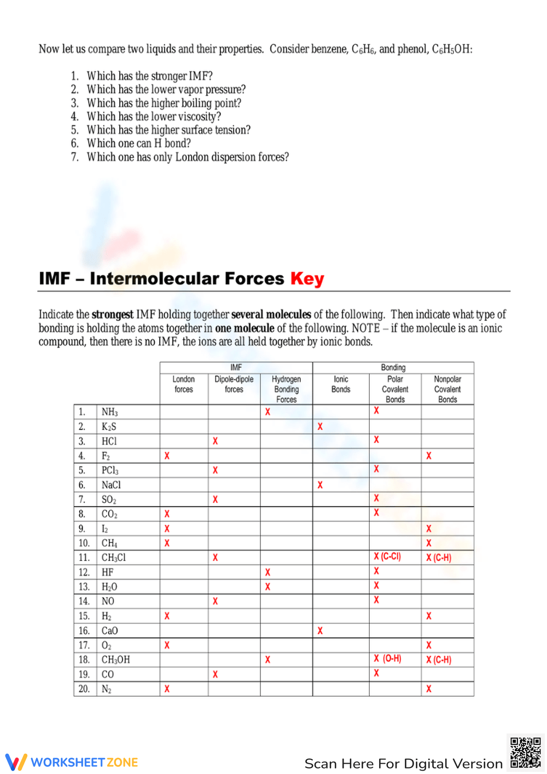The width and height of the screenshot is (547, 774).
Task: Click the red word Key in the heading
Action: pyautogui.click(x=307, y=279)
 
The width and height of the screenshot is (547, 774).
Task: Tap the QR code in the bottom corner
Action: pyautogui.click(x=526, y=753)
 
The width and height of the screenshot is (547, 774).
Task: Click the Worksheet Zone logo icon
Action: pyautogui.click(x=16, y=762)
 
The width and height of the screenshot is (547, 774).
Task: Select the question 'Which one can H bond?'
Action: pyautogui.click(x=138, y=143)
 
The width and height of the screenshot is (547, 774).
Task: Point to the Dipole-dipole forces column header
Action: pyautogui.click(x=234, y=384)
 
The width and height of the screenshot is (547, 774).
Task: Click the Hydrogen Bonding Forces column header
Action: pyautogui.click(x=286, y=389)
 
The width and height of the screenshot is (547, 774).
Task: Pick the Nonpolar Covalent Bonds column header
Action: pyautogui.click(x=447, y=389)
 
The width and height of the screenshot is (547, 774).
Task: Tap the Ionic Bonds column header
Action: pyautogui.click(x=341, y=384)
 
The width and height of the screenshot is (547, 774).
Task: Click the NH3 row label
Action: pyautogui.click(x=109, y=412)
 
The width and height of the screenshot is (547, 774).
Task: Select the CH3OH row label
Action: pyautogui.click(x=115, y=660)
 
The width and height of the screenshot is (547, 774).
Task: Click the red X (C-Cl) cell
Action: pyautogui.click(x=387, y=557)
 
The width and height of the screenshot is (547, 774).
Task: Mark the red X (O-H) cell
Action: pyautogui.click(x=387, y=659)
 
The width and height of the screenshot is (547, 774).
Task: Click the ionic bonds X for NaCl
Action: pyautogui.click(x=320, y=485)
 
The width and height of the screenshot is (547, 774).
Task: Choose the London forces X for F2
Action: pyautogui.click(x=167, y=456)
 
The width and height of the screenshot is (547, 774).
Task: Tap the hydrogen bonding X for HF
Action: pyautogui.click(x=267, y=572)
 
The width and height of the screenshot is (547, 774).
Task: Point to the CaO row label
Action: pyautogui.click(x=109, y=631)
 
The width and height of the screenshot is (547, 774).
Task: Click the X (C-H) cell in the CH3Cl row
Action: pyautogui.click(x=439, y=558)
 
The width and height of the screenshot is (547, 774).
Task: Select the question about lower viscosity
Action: pyautogui.click(x=154, y=117)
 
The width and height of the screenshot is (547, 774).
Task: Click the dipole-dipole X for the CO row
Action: pyautogui.click(x=215, y=674)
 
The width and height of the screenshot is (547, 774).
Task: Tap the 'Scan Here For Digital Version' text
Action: pyautogui.click(x=403, y=764)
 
